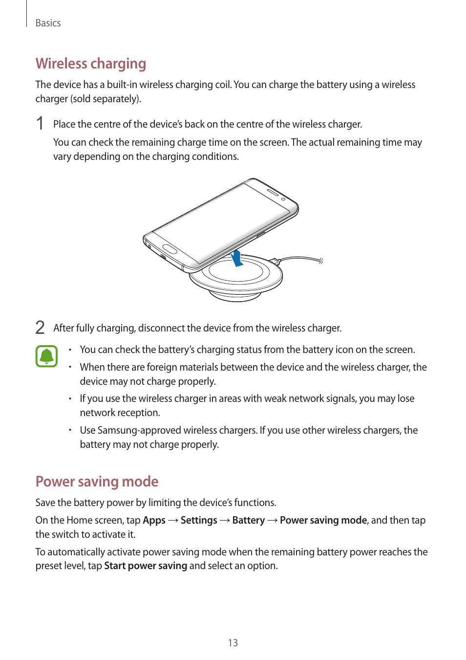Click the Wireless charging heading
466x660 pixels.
(91, 64)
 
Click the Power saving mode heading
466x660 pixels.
(97, 482)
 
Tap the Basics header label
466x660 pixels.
(48, 23)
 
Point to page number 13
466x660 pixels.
(233, 643)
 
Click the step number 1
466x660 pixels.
(40, 123)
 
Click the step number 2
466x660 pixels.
(40, 327)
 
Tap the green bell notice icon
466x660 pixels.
(46, 356)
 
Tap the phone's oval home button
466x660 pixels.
(169, 248)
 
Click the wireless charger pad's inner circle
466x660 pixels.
(236, 271)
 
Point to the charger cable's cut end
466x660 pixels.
(321, 261)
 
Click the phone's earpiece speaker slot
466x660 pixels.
(272, 194)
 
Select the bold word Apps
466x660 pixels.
(154, 520)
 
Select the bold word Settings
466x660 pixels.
(199, 520)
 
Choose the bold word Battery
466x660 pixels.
(248, 520)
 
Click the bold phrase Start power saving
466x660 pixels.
(146, 566)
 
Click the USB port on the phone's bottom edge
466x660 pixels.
(163, 257)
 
